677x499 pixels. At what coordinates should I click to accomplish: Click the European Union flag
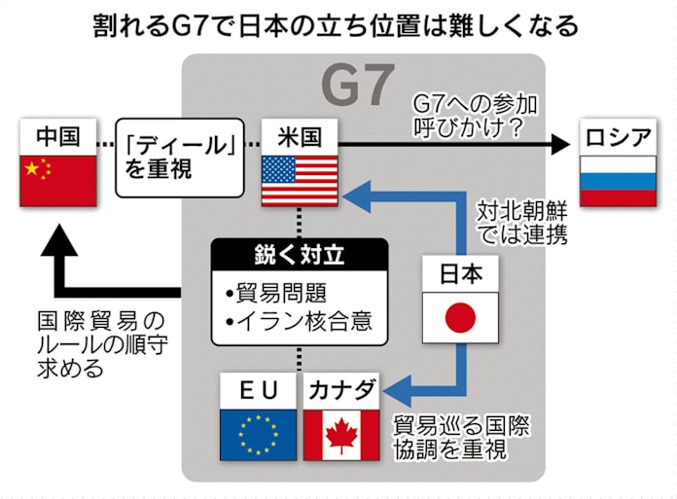click(259, 433)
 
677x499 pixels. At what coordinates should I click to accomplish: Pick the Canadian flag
click(341, 433)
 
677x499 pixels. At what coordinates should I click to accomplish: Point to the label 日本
click(460, 274)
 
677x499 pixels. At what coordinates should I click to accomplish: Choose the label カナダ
click(341, 391)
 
